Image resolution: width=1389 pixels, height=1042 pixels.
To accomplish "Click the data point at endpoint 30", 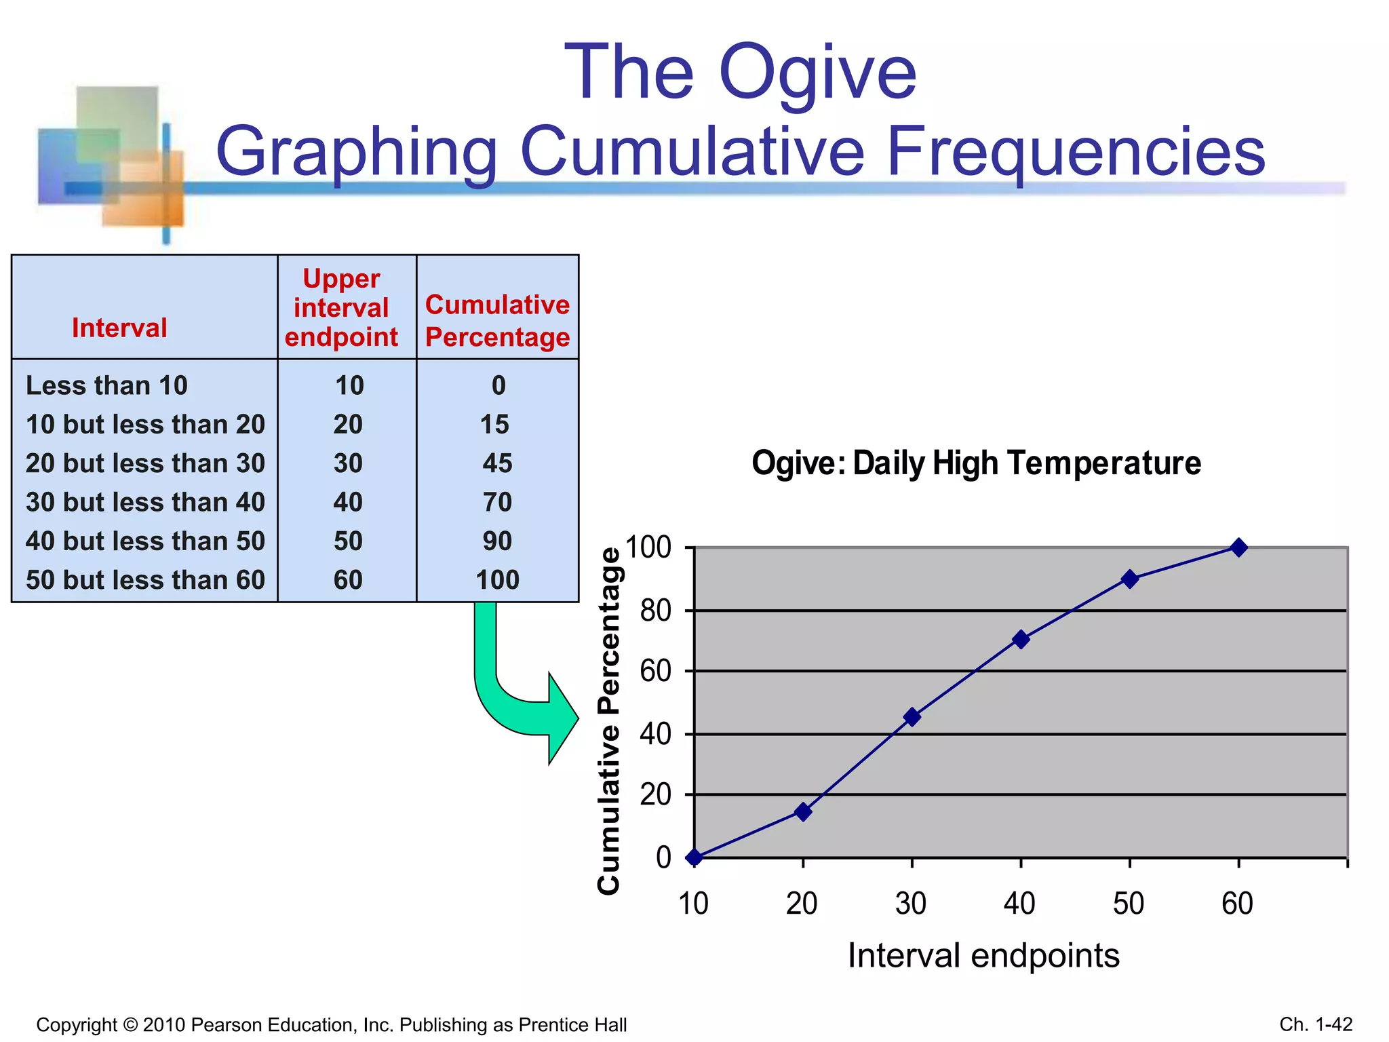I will coord(912,717).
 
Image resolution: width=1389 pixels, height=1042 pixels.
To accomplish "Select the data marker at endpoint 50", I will coord(1130,579).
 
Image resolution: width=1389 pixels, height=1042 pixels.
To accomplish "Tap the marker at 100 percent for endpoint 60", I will coord(1238,547).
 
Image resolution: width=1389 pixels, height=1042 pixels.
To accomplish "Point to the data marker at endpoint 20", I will coord(803,812).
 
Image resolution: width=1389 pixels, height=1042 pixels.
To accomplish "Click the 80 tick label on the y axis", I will coord(655,611).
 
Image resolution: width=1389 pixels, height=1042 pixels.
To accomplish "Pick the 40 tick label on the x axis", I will coord(1019,904).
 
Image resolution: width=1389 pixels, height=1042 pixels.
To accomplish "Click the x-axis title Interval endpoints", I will coord(983,956).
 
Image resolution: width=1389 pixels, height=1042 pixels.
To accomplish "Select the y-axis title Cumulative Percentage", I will coord(609,720).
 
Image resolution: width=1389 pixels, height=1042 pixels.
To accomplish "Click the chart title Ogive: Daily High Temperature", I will coord(976,463).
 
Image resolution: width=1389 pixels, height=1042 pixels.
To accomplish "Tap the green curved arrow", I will coord(515,699).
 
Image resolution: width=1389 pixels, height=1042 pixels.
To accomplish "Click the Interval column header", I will coord(119,328).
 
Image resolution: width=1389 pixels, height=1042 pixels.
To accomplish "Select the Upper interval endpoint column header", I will coord(341,308).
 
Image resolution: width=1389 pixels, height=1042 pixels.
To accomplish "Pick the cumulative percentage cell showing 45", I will coord(497,463).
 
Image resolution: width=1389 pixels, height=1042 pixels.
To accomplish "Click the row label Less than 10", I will coord(106,385).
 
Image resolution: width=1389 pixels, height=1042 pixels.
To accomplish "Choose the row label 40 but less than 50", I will coord(145,541).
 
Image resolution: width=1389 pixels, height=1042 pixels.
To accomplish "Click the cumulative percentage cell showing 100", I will coord(497,580).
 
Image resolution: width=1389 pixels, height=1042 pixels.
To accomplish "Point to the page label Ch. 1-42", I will coord(1316,1024).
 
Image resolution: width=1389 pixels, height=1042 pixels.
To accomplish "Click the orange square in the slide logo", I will coord(146,193).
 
